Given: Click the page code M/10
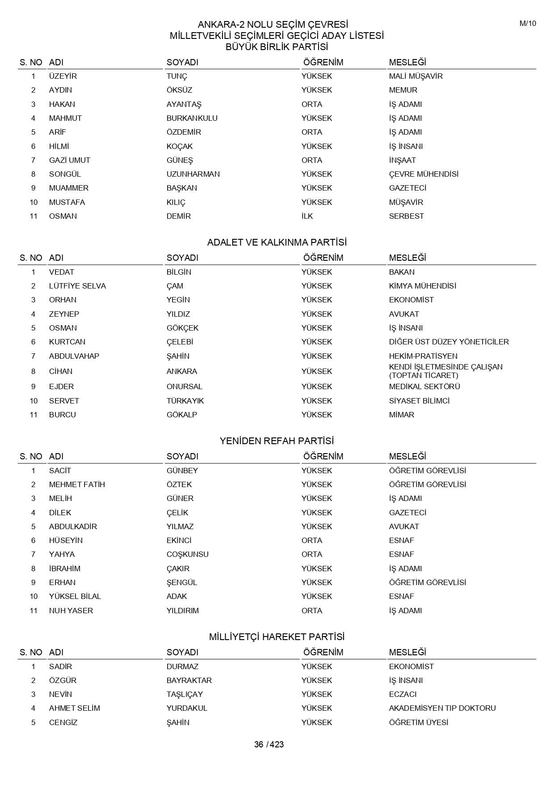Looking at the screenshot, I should coord(528,24).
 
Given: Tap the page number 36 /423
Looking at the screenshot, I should coord(269,745).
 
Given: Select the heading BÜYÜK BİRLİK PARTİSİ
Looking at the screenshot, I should coord(277,47).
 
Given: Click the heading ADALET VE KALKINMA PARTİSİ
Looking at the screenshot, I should coord(277,242).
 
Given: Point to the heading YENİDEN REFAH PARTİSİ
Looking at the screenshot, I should coord(277,441).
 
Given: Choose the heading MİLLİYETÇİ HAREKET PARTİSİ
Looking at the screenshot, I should coord(277,637).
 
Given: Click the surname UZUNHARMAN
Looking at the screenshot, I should coord(193,174).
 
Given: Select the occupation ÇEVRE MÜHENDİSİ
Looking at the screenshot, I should coord(424,174).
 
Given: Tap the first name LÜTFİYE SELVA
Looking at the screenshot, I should coord(77,286).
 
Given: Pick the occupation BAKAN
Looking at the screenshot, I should coord(402,272).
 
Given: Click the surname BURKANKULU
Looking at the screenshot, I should coord(192,118).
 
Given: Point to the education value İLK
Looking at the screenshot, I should coord(307,216).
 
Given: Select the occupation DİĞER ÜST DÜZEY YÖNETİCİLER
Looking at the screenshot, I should coord(449,342).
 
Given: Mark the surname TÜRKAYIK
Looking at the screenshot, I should coord(185,401).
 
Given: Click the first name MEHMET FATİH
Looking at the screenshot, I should coord(77,484).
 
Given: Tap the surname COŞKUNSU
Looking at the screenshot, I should coord(188,554).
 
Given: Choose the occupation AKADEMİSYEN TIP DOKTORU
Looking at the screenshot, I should coord(442,708).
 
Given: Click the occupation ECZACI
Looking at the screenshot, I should coord(403,694).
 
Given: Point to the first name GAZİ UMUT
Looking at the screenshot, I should coord(70,160).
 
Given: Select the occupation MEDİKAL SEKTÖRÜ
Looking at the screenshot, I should coord(424,386).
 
